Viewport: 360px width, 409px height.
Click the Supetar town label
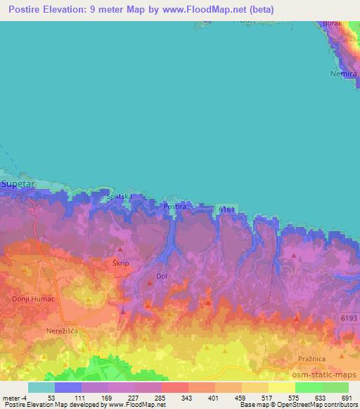18,183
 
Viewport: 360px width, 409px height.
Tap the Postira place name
175,207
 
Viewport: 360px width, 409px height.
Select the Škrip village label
121,262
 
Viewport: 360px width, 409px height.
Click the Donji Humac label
29,298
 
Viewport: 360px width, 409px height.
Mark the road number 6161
226,209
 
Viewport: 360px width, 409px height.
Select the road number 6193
349,319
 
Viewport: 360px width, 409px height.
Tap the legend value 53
51,398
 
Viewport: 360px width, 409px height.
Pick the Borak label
332,23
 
